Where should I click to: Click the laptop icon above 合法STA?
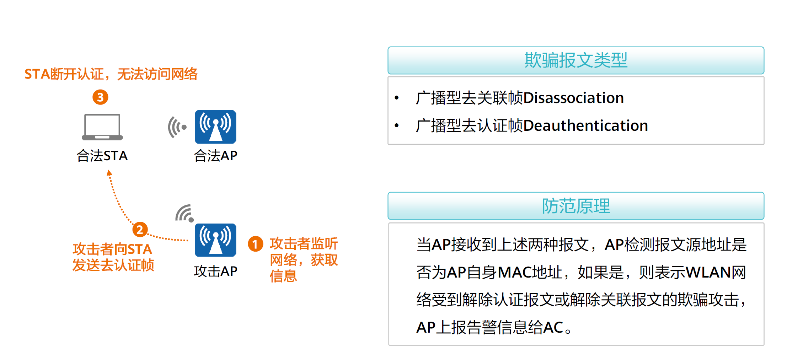102,127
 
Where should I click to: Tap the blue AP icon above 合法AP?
215,127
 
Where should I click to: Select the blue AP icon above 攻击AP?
215,240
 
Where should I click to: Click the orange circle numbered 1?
255,244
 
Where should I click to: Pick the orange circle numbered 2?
140,230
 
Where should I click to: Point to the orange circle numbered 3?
100,97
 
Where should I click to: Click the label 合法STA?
102,156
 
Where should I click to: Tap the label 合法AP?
215,156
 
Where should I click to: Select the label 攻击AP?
215,271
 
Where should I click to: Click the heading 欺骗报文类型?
576,60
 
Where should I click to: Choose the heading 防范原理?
576,206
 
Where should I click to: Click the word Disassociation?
573,98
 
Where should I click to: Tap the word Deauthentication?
585,125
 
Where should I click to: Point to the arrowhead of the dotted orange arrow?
109,173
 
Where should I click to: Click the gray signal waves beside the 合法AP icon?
177,127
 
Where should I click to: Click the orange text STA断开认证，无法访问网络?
111,74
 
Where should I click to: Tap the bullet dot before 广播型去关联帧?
397,98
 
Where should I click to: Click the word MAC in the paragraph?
512,272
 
